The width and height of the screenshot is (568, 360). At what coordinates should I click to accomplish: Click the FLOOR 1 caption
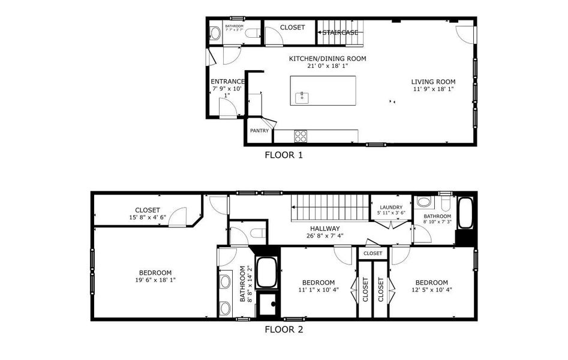pos(284,155)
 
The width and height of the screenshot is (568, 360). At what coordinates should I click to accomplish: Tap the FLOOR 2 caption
pos(284,329)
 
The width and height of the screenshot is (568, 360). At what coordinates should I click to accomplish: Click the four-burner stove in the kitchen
pos(300,136)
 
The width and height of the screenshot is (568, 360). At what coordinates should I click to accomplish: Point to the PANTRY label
pos(259,130)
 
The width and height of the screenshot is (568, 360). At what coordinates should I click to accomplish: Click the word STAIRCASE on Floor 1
pos(340,32)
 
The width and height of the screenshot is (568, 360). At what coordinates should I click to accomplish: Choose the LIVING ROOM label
pos(433,82)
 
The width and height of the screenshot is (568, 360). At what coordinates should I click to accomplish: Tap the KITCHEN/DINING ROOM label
pos(327,59)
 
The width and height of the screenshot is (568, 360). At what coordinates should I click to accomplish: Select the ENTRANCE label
pos(227,82)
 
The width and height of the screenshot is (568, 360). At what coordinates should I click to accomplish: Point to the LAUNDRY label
pos(390,207)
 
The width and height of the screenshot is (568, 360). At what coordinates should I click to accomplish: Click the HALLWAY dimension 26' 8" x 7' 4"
pos(325,236)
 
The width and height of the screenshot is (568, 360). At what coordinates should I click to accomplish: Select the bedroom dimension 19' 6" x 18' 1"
pos(155,280)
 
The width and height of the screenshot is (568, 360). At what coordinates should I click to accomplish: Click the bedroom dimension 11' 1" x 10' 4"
pos(318,290)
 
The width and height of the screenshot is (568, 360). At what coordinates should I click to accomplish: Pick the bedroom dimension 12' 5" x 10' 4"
pos(432,290)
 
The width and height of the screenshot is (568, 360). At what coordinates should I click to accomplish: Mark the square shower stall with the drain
pos(268,303)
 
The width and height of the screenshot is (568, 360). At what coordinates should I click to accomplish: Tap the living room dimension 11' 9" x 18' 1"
pos(433,89)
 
